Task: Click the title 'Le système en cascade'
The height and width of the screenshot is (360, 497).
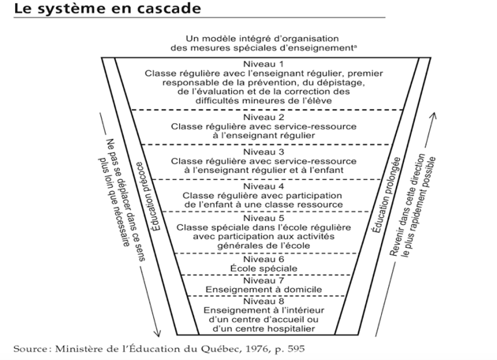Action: pos(107,9)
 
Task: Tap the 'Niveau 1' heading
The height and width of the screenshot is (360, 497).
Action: pos(263,65)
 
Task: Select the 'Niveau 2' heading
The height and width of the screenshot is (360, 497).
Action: pos(263,118)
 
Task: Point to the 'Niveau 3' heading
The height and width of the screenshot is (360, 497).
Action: pos(263,152)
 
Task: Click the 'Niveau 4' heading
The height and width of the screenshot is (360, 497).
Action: pos(263,186)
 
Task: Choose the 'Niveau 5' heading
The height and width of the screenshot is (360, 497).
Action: pos(263,218)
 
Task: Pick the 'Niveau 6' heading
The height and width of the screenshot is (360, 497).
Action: pos(263,260)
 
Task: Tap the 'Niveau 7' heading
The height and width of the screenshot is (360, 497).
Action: pos(263,281)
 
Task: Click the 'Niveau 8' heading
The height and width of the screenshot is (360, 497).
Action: pos(263,301)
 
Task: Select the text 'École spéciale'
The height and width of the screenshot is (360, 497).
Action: pos(263,268)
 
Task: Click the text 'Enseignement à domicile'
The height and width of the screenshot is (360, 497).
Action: pos(263,290)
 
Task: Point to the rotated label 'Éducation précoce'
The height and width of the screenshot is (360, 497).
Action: pos(148,196)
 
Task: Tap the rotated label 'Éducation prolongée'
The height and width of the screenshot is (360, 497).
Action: pos(386,195)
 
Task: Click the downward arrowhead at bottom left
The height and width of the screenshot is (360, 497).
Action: pos(158,334)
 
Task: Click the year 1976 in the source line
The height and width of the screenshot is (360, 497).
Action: pos(258,349)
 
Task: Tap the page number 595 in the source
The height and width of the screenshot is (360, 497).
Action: pos(296,349)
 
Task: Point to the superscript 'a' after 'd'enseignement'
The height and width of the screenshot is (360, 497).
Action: pos(355,47)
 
